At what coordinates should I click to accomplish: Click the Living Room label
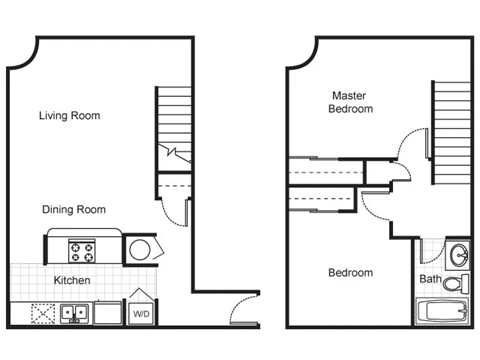69,116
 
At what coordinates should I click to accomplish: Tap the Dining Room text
74,210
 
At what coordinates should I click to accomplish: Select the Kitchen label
72,281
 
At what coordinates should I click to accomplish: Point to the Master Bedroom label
352,102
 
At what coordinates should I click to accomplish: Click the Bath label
429,279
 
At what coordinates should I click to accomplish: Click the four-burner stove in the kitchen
81,248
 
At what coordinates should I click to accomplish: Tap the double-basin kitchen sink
72,313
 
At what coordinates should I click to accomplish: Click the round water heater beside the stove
139,249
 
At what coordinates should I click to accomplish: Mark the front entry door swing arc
245,309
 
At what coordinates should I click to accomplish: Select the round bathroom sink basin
457,253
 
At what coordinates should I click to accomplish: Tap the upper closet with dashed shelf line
325,172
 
